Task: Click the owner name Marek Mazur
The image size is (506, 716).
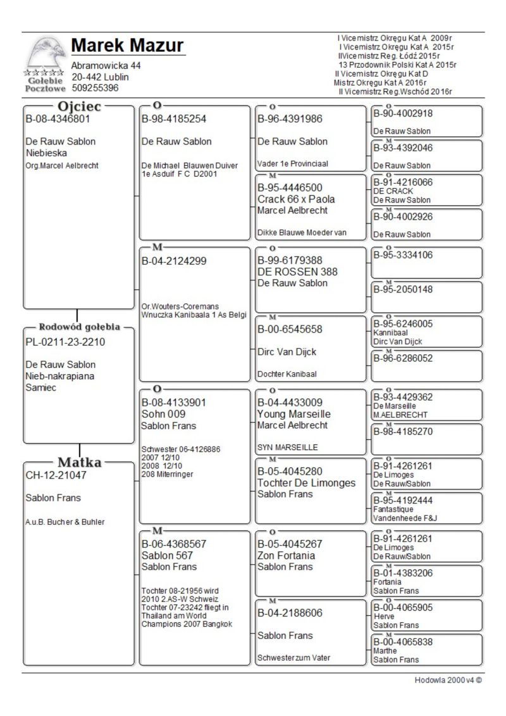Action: click(127, 46)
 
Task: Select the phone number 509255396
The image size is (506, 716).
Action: click(95, 88)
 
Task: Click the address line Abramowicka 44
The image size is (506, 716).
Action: click(106, 66)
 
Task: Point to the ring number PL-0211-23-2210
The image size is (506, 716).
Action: click(65, 342)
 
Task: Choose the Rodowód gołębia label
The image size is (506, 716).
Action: click(80, 327)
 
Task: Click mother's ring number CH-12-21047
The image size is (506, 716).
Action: click(56, 475)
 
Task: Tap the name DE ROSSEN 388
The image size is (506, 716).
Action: click(289, 272)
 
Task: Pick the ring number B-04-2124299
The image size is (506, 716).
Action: click(174, 260)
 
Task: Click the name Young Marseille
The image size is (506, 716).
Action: click(294, 414)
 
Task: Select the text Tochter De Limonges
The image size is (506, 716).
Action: click(307, 483)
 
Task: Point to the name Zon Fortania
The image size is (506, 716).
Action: click(287, 555)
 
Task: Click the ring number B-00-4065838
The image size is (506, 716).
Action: click(403, 641)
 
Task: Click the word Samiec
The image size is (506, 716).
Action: click(41, 387)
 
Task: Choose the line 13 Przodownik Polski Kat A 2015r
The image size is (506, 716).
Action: click(397, 65)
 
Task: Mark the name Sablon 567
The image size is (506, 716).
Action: click(168, 555)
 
